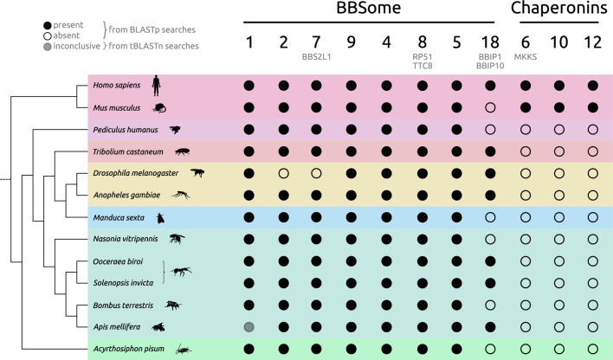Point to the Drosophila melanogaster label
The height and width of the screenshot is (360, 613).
131,173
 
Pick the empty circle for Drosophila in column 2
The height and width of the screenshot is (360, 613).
284,173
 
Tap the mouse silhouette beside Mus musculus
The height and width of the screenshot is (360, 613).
158,108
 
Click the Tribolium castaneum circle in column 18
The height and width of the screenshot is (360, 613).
491,151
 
